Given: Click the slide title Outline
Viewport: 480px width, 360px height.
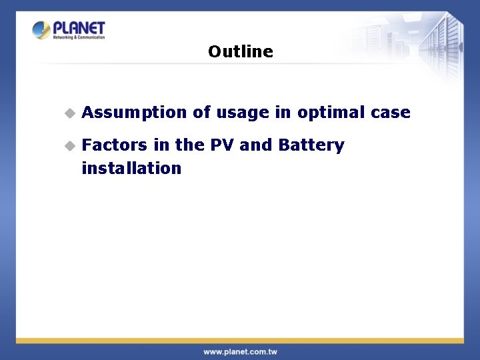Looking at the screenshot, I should click(240, 51).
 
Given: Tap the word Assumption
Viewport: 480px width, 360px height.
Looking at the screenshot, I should click(134, 113).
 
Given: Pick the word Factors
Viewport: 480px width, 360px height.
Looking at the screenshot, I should click(113, 145).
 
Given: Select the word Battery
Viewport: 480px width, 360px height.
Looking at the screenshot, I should click(311, 145).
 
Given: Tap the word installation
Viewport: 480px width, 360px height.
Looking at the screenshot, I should click(131, 168).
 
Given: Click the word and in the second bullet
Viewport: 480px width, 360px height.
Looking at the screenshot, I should click(255, 145).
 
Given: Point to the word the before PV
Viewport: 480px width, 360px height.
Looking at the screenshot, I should click(189, 145).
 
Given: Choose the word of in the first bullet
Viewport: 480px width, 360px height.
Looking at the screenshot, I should click(201, 113).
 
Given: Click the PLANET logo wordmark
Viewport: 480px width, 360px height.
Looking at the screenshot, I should click(79, 28).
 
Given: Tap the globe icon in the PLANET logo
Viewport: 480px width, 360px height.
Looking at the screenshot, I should click(41, 30).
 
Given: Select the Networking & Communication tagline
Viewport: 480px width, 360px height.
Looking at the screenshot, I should click(79, 37).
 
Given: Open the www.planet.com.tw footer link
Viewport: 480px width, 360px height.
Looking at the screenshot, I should click(240, 351).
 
